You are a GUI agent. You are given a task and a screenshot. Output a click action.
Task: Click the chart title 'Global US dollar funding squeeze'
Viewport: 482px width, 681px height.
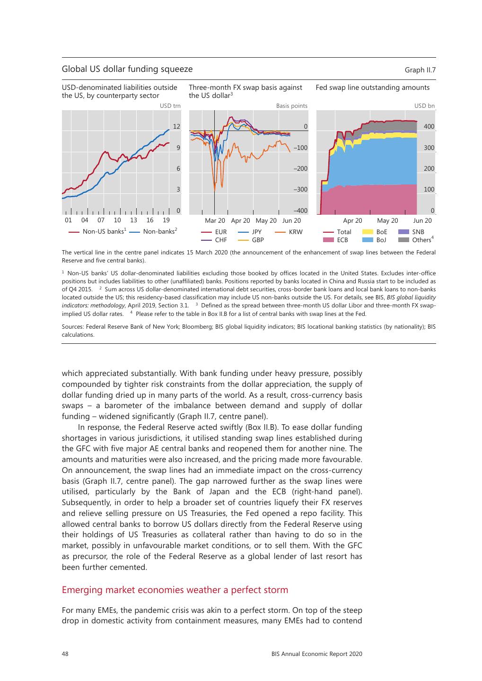pos(127,69)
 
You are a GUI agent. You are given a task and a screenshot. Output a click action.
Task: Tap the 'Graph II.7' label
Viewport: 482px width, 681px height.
pos(420,70)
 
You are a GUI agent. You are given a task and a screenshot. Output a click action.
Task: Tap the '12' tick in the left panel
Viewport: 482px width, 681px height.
pos(177,126)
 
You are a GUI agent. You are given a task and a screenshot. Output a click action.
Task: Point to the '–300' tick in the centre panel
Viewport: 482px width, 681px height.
pos(300,190)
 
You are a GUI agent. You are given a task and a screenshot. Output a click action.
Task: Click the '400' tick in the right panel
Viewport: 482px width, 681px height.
pos(429,126)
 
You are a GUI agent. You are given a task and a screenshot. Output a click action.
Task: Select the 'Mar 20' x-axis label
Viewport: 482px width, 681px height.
pos(215,220)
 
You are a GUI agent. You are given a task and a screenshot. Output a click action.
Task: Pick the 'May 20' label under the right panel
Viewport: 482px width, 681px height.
pos(387,220)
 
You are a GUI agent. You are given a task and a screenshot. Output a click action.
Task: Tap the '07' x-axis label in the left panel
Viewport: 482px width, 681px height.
pos(101,220)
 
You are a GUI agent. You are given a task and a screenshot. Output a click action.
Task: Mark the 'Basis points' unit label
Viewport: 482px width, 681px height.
pos(291,106)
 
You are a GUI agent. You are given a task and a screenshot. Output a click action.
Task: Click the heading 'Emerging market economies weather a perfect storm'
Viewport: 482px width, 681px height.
pos(175,590)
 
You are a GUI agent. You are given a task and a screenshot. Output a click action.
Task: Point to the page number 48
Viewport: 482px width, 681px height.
pos(65,654)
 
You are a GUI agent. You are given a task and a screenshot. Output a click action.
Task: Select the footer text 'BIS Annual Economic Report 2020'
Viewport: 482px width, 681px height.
pos(316,654)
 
